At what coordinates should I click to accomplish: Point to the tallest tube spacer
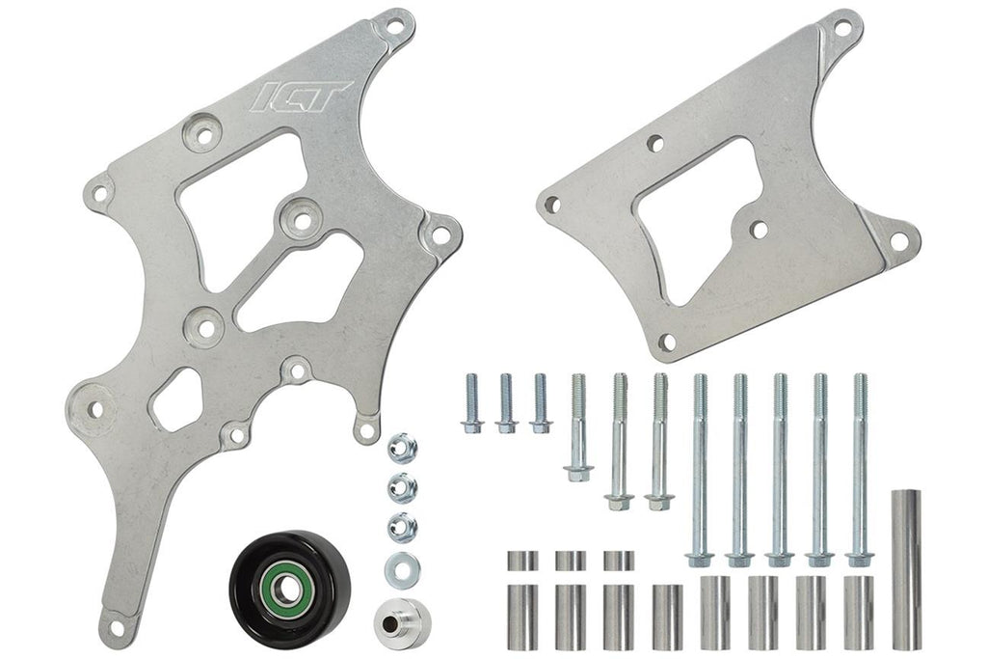point(906,569)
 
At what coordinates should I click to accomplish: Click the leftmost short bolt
point(472,403)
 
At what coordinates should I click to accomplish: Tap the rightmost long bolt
point(860,469)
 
